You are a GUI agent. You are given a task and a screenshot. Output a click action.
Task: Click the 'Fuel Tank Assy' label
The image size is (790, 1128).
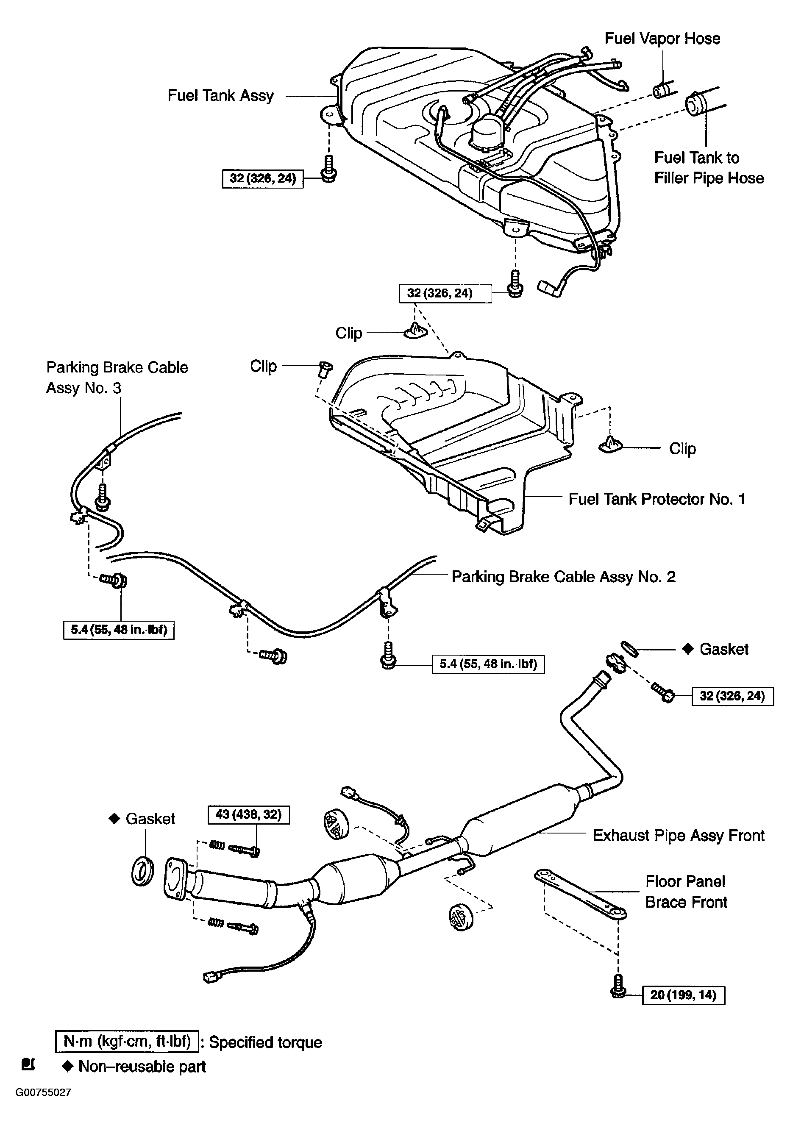(220, 95)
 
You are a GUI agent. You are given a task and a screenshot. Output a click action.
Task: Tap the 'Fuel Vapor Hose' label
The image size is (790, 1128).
(662, 38)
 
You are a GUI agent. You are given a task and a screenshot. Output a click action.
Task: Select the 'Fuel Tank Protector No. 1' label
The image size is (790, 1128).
(656, 499)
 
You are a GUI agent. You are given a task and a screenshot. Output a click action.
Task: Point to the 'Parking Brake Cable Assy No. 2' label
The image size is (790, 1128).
(563, 576)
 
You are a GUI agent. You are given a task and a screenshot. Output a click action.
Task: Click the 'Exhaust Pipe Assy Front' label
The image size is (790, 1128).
(679, 835)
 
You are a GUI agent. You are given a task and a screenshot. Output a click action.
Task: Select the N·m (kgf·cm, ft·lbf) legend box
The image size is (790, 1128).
(127, 1042)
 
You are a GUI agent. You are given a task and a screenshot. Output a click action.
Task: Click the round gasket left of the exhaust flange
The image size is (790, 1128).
(142, 871)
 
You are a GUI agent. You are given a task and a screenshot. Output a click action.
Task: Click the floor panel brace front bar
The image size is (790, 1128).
(580, 893)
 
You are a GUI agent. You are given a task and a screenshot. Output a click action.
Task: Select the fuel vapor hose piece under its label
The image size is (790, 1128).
(663, 90)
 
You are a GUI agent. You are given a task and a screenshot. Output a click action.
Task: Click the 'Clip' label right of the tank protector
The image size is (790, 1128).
(682, 449)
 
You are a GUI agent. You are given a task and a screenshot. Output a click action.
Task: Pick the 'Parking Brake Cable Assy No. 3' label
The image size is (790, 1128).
(117, 377)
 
